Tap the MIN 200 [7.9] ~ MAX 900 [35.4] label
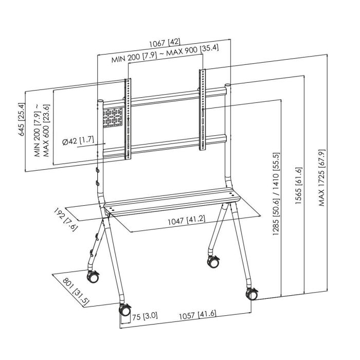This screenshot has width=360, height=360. click(166, 60)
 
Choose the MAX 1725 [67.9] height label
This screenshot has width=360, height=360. click(322, 177)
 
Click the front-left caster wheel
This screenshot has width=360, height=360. click(125, 311)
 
